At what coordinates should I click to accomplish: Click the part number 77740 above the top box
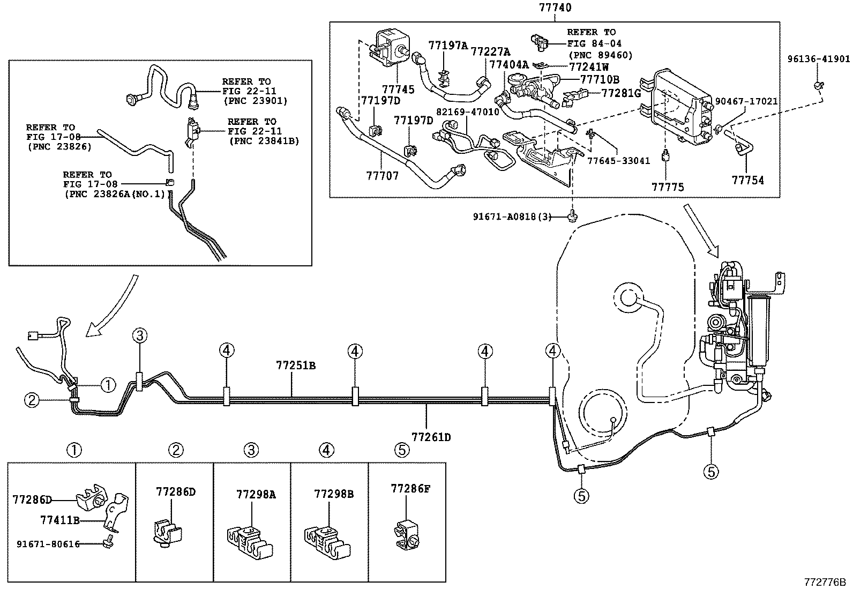coord(555,8)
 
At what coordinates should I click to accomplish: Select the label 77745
coord(398,89)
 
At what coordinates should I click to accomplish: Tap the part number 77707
coord(383,176)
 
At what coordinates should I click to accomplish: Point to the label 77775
coord(668,187)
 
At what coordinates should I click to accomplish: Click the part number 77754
coord(747,180)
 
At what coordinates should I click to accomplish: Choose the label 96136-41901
coord(818,59)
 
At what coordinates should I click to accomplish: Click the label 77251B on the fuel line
coord(296,366)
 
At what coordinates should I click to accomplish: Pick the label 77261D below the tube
coord(431,437)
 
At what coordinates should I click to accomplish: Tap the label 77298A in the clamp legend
coord(256,494)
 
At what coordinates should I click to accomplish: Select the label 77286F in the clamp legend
coord(410,488)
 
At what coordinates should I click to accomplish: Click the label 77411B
coord(60,520)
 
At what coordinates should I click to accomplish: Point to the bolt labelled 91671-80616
coord(108,541)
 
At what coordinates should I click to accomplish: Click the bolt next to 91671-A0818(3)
coord(572,215)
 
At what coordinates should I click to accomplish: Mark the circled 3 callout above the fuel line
coord(140,335)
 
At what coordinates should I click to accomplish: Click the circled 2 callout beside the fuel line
coord(32,400)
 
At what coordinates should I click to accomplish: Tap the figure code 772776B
coord(825,582)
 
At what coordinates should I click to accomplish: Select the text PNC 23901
coord(256,101)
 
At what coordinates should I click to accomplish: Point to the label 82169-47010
coord(467,112)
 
